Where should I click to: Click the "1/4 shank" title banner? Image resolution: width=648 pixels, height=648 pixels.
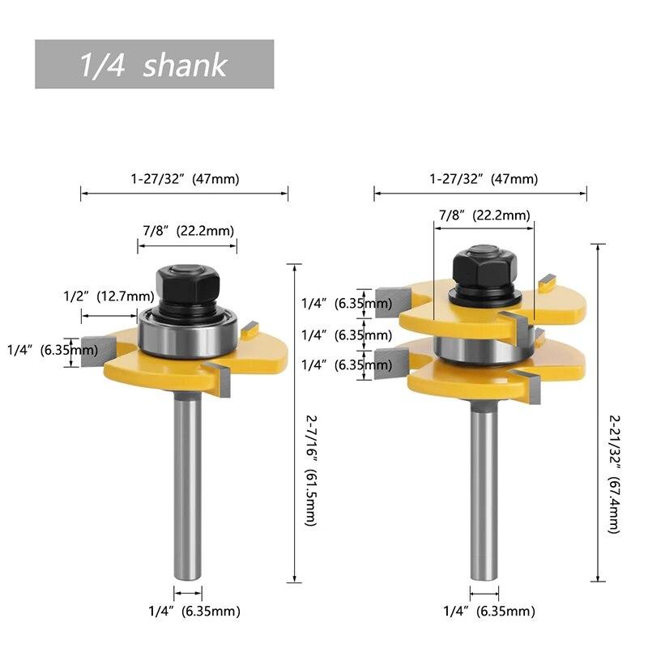154,65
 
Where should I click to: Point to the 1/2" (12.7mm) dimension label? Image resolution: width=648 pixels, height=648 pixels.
109,296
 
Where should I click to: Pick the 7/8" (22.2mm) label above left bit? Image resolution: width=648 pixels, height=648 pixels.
188,230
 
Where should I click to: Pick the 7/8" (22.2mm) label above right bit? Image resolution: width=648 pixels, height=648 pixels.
484,215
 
